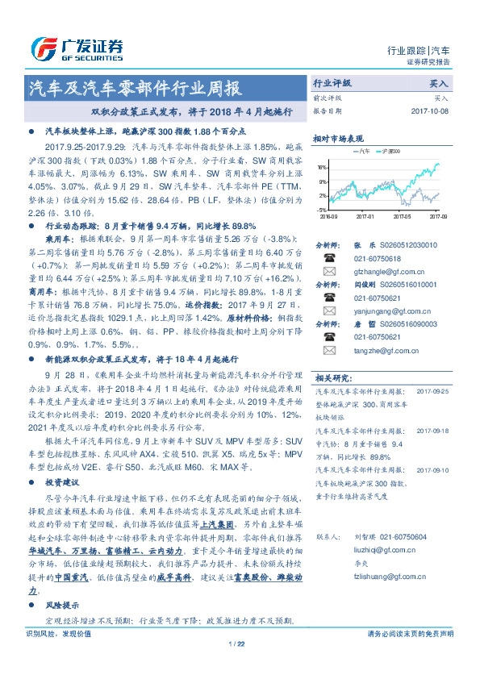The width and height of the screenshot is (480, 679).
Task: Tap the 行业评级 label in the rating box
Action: [x=332, y=84]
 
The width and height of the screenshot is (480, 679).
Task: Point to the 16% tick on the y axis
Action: [x=321, y=168]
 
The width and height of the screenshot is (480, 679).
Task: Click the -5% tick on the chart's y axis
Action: [x=322, y=209]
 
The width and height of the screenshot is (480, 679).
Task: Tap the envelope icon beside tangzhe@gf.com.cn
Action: [x=329, y=351]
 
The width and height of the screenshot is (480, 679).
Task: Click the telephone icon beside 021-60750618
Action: [x=329, y=257]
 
